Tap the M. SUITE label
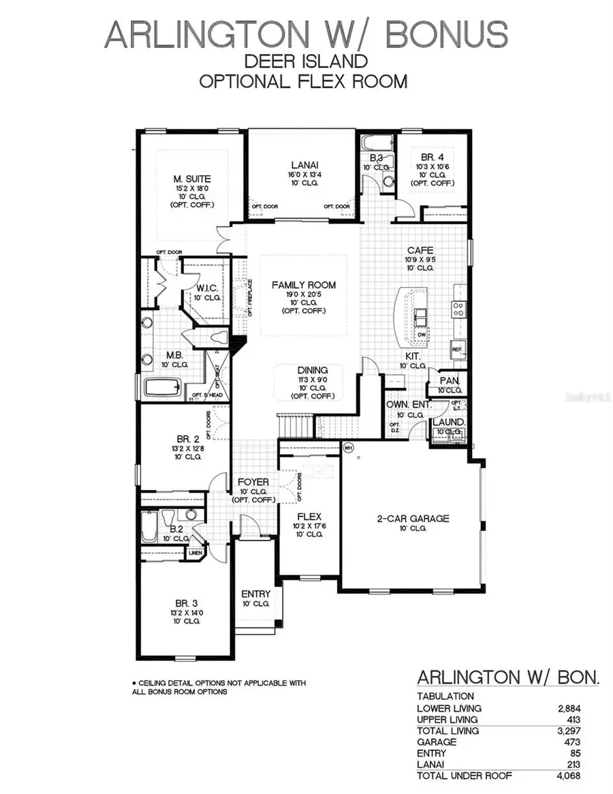pyautogui.click(x=191, y=179)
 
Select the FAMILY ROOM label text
pyautogui.click(x=304, y=285)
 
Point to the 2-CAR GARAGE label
pyautogui.click(x=413, y=519)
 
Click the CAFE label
pyautogui.click(x=420, y=250)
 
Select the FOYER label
pyautogui.click(x=253, y=482)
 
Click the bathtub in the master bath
pyautogui.click(x=162, y=388)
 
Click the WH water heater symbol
pyautogui.click(x=348, y=448)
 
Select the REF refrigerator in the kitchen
pyautogui.click(x=457, y=349)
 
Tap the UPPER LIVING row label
pyautogui.click(x=447, y=719)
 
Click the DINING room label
pyautogui.click(x=312, y=370)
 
